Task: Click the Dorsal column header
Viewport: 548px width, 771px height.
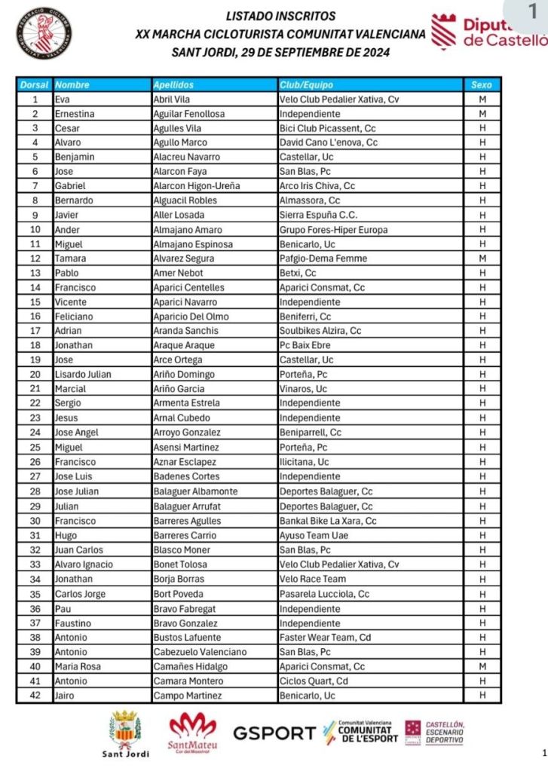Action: pyautogui.click(x=34, y=85)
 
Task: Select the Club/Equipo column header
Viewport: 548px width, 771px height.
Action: pyautogui.click(x=306, y=85)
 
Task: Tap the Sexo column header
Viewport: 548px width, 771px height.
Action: pyautogui.click(x=481, y=85)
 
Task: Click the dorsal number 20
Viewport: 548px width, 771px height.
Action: pyautogui.click(x=35, y=375)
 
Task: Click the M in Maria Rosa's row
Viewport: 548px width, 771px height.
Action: pyautogui.click(x=481, y=666)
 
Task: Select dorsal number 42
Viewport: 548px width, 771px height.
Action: pyautogui.click(x=35, y=696)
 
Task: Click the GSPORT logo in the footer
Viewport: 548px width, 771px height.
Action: pyautogui.click(x=274, y=733)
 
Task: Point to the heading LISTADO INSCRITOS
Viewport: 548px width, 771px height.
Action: pyautogui.click(x=281, y=16)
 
